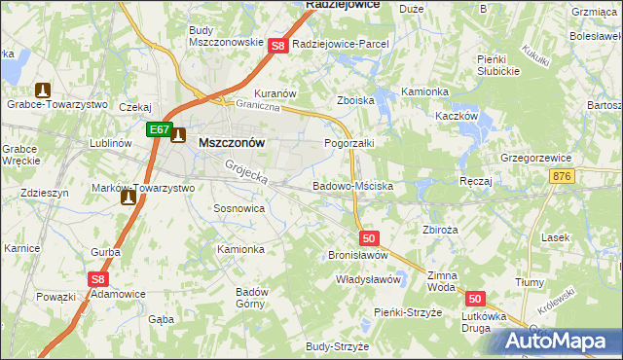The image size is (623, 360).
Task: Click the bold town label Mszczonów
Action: pyautogui.click(x=232, y=141)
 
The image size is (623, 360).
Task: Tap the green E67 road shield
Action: pyautogui.click(x=160, y=128)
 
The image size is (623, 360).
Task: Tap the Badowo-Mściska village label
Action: pyautogui.click(x=351, y=185)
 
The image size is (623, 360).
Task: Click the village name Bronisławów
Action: pyautogui.click(x=358, y=254)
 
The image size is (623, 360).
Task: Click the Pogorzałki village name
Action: pyautogui.click(x=348, y=142)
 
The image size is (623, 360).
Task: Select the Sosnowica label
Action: pyautogui.click(x=238, y=208)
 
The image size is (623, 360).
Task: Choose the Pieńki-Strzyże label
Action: pyautogui.click(x=408, y=311)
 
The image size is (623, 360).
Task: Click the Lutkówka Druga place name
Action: pyautogui.click(x=462, y=322)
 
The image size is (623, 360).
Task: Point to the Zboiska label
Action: pyautogui.click(x=355, y=100)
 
